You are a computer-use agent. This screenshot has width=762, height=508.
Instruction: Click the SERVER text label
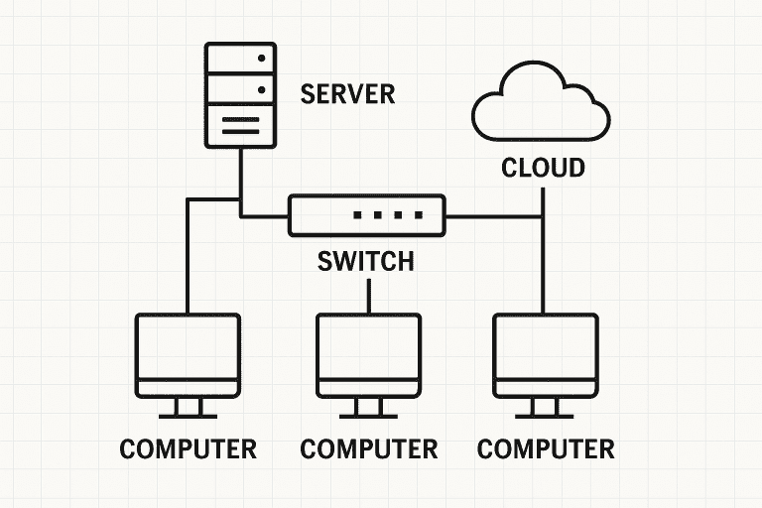point(347,94)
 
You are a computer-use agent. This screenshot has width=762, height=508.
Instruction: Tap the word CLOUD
point(543,168)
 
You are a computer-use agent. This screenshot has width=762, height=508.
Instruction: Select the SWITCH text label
point(365,262)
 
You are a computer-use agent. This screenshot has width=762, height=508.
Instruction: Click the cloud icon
point(541,104)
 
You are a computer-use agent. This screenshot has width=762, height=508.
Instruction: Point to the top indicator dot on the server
point(262,59)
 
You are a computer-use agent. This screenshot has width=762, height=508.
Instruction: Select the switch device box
point(367,215)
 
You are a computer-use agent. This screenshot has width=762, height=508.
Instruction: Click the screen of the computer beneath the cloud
point(545,346)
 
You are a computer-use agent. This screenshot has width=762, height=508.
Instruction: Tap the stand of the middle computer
point(368,408)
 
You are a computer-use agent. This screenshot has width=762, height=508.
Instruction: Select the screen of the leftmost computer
point(188,346)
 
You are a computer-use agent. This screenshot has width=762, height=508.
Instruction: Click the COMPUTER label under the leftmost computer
point(188,448)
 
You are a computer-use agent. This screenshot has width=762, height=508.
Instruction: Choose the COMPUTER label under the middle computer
point(368,448)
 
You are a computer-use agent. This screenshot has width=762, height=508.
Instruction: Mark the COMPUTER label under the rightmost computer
point(546,448)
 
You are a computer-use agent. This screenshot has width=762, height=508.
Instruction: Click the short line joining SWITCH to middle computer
point(369,296)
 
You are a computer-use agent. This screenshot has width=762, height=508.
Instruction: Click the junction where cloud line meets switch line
point(544,215)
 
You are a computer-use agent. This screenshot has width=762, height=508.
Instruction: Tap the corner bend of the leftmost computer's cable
point(188,199)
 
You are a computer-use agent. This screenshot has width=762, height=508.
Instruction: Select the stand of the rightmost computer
point(545,408)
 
